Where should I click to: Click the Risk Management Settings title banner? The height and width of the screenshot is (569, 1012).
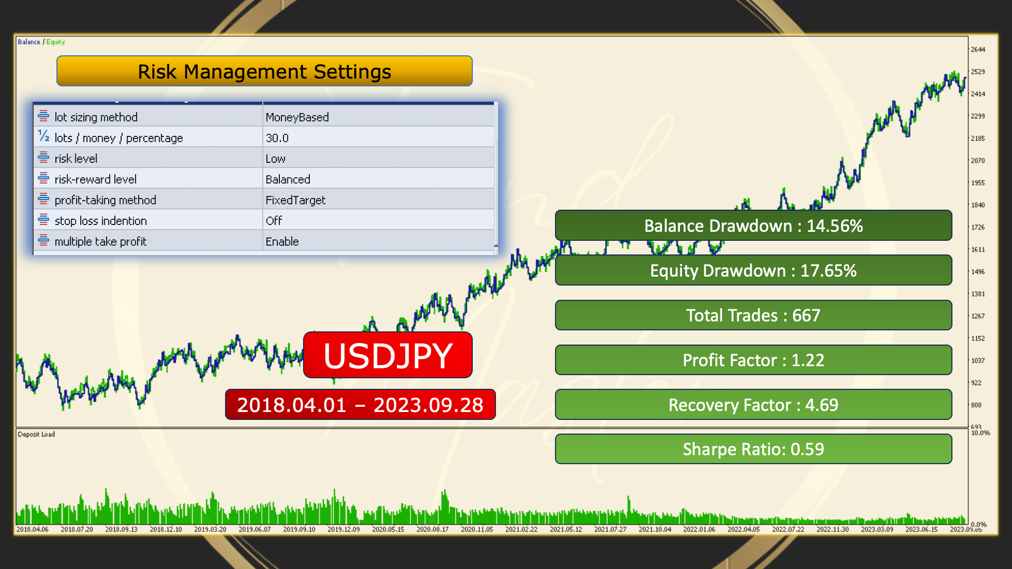pos(264,71)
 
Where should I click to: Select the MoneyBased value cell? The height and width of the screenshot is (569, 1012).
pos(297,117)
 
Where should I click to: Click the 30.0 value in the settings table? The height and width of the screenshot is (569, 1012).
pos(277,138)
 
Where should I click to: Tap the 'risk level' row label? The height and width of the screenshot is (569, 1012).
pos(76,159)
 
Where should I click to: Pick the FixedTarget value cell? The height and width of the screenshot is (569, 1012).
pos(296,200)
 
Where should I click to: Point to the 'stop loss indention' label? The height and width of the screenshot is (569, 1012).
pos(101,221)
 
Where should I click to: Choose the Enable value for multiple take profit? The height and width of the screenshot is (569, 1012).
pos(282,241)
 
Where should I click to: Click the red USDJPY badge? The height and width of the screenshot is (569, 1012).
pos(388,355)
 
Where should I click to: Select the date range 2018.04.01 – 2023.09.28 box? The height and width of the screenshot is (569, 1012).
pos(361,405)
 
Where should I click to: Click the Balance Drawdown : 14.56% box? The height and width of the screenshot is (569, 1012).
pos(754,225)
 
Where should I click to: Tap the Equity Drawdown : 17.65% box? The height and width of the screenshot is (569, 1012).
pos(754,270)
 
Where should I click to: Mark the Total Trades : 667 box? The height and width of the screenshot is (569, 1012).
pos(754,315)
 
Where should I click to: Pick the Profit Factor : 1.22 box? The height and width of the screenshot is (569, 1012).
pos(754,360)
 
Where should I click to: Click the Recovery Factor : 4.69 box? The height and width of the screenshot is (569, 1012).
pos(754,405)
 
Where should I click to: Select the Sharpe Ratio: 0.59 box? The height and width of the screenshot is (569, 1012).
pos(754,449)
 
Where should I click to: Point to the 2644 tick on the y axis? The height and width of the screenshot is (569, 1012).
pos(978,50)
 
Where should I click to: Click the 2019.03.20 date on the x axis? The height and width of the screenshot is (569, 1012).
pos(210,529)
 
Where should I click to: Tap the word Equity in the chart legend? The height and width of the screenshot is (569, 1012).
pos(55,42)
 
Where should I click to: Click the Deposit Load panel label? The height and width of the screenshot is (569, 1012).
pos(36,435)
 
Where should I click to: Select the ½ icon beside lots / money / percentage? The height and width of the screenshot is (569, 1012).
pos(44,136)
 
